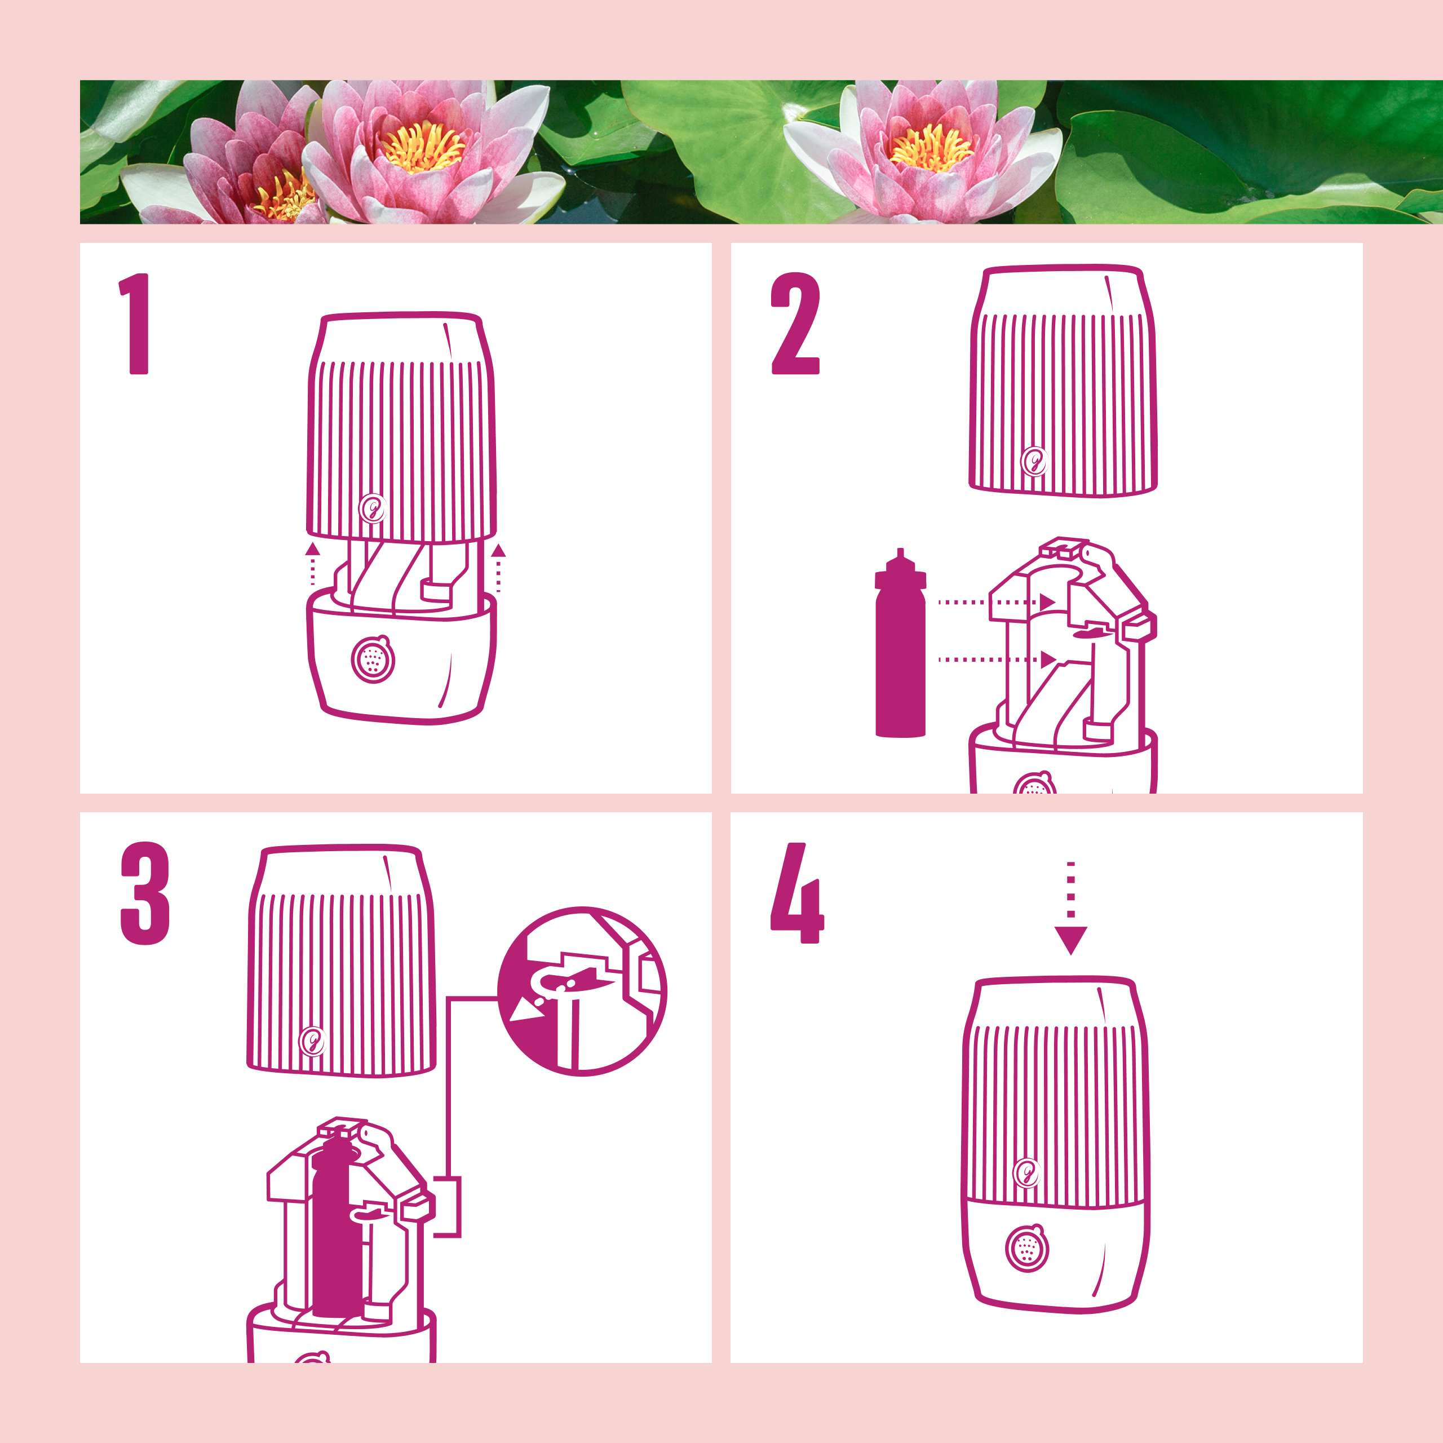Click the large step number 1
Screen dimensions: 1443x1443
(136, 324)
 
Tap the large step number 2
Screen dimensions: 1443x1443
(795, 324)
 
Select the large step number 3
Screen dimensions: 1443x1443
(145, 893)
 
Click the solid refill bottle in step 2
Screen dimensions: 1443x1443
(900, 643)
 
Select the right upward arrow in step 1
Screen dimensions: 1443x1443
(498, 568)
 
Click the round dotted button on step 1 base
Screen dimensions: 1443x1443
(373, 659)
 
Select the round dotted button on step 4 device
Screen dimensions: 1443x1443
(1027, 1247)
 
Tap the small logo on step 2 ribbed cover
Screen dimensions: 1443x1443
(1034, 462)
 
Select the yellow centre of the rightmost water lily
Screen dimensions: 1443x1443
(931, 147)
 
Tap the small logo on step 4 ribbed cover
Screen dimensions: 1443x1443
(1027, 1172)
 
